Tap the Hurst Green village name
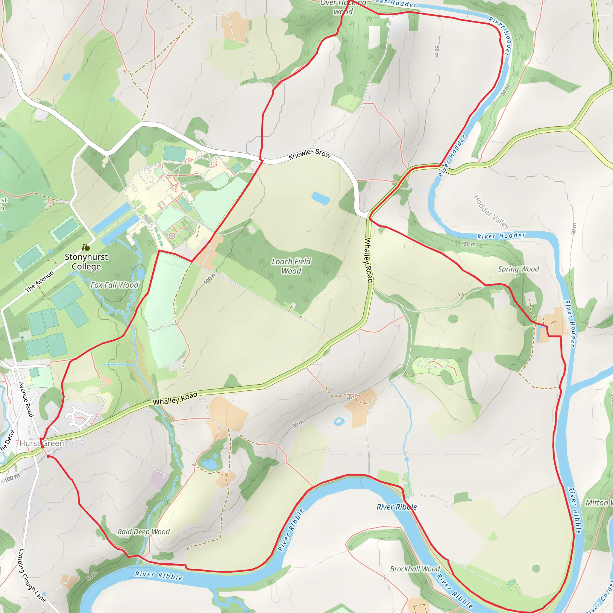click(42, 443)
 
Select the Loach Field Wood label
click(291, 266)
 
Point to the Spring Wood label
click(518, 269)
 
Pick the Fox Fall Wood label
click(115, 285)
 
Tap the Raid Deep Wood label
click(143, 532)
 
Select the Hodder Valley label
click(491, 212)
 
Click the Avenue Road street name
click(26, 400)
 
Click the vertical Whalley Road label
click(368, 260)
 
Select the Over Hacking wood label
click(343, 7)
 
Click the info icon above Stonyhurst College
click(86, 247)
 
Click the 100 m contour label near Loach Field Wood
click(210, 278)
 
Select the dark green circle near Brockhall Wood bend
click(536, 568)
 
